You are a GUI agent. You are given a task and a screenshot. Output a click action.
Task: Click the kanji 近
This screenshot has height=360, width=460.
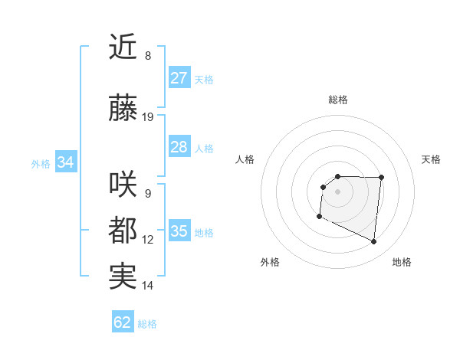pyautogui.click(x=123, y=47)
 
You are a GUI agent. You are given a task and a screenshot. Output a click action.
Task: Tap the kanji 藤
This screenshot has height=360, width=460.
pyautogui.click(x=123, y=109)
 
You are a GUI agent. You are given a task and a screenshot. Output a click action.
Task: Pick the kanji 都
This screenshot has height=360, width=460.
pyautogui.click(x=123, y=231)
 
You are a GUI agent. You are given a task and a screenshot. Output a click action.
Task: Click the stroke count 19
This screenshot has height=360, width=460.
pyautogui.click(x=148, y=117)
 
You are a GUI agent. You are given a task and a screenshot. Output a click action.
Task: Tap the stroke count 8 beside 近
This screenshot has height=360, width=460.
pyautogui.click(x=148, y=56)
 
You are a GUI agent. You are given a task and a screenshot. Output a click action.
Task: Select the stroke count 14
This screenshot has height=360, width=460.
pyautogui.click(x=148, y=286)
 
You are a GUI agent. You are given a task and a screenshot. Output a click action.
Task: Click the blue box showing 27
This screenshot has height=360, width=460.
pyautogui.click(x=179, y=78)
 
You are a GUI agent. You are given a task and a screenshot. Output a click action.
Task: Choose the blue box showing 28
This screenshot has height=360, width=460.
pyautogui.click(x=179, y=147)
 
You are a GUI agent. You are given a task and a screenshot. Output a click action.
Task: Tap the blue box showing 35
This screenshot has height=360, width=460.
pyautogui.click(x=179, y=231)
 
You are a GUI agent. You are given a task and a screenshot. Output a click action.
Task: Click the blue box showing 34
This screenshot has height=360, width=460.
pyautogui.click(x=65, y=162)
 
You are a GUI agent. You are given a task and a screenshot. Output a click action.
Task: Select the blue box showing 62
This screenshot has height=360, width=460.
pyautogui.click(x=123, y=322)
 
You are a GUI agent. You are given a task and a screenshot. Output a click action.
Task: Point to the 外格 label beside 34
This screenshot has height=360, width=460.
pyautogui.click(x=41, y=163)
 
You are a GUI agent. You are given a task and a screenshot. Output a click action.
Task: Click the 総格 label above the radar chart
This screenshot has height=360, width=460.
pyautogui.click(x=338, y=100)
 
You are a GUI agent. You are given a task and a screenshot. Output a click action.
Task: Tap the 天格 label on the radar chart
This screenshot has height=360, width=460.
pyautogui.click(x=432, y=159)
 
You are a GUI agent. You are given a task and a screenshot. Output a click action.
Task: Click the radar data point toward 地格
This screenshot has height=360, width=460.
pyautogui.click(x=373, y=242)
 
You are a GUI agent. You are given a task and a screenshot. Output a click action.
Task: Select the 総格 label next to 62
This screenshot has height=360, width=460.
pyautogui.click(x=147, y=324)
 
